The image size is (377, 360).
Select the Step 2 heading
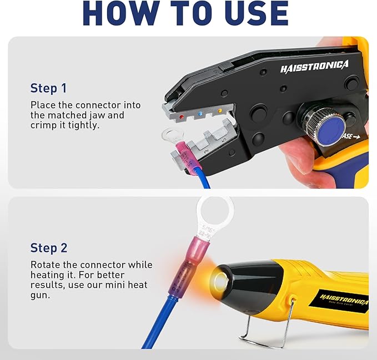point(51,247)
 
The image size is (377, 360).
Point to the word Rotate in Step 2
point(46,265)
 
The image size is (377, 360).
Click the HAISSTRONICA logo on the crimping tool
point(314,67)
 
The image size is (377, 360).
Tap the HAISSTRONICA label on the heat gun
point(344,300)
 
